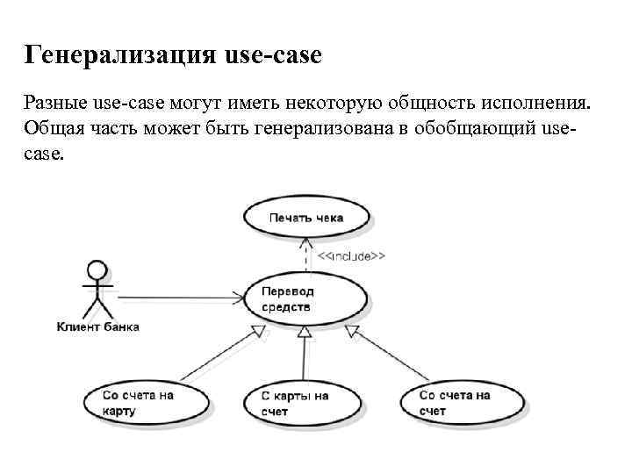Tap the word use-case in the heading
[x=273, y=56]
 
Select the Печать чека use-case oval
[x=305, y=217]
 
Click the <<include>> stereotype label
[x=350, y=256]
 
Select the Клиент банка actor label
[x=97, y=327]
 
